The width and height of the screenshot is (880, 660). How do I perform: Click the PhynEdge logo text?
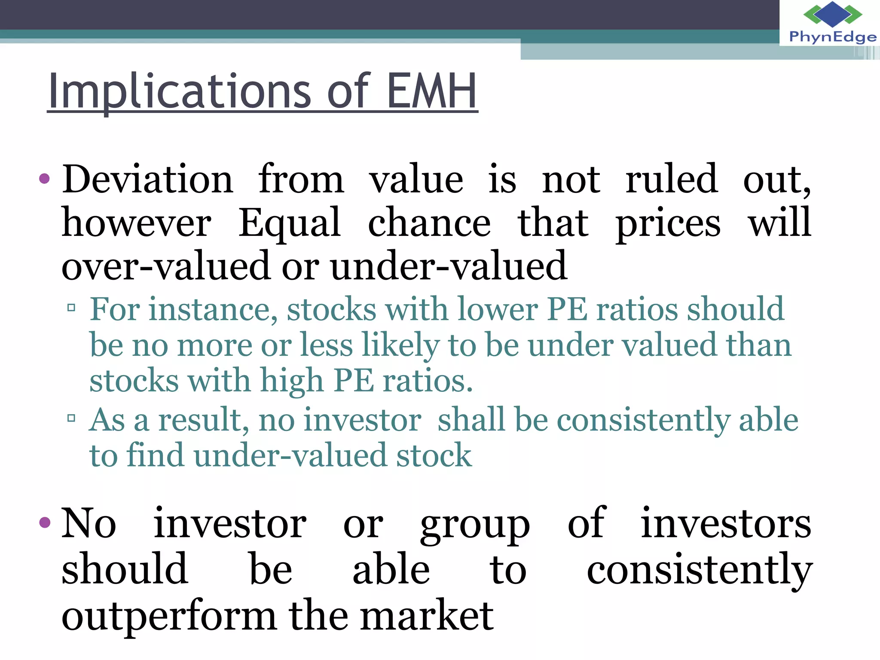[832, 37]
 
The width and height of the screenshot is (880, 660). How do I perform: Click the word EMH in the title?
[432, 91]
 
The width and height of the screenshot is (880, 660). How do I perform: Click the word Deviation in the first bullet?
[148, 179]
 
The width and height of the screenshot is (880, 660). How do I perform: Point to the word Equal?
[290, 223]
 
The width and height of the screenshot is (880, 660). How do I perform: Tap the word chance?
[429, 223]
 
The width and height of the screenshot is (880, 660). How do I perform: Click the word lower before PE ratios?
[497, 309]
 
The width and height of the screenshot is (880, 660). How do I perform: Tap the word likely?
[400, 345]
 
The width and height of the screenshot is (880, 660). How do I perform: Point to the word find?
[155, 455]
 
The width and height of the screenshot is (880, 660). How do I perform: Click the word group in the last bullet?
[475, 525]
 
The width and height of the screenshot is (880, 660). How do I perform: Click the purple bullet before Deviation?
[44, 178]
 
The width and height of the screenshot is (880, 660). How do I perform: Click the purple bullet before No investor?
[44, 522]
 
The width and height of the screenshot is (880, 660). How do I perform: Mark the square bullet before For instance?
[71, 308]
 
